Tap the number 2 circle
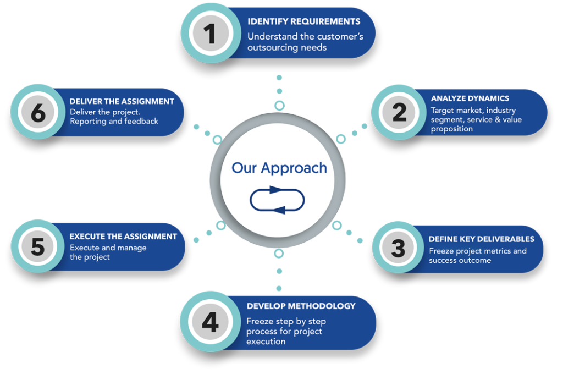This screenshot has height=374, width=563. tap(399, 112)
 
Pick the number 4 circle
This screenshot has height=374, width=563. tap(209, 322)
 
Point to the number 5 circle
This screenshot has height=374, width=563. tap(37, 247)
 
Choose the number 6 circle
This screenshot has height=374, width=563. tap(38, 113)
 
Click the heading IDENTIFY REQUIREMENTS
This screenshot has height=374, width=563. tap(303, 21)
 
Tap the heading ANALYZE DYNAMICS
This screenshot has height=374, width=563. tap(470, 98)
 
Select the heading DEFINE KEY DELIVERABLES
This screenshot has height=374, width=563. tap(482, 239)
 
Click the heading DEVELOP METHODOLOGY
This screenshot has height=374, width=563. tap(301, 306)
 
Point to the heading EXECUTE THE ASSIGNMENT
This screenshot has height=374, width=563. tap(123, 237)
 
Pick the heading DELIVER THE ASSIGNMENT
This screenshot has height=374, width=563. tap(122, 101)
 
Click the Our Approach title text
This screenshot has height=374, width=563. tap(279, 168)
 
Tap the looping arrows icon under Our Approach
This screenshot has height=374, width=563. tap(277, 200)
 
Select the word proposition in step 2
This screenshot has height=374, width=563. tap(452, 129)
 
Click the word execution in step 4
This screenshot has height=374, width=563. tap(266, 342)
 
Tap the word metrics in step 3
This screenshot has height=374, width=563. tap(493, 251)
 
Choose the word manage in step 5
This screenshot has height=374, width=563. tap(132, 248)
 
